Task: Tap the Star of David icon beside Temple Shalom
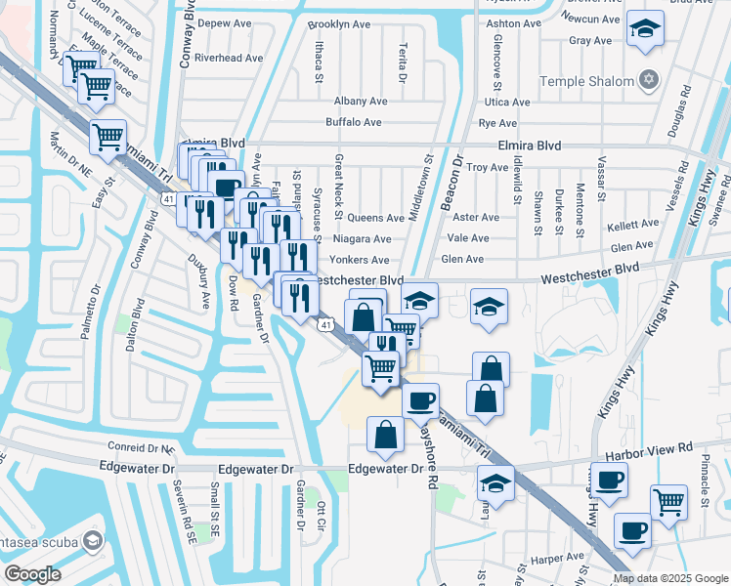646,79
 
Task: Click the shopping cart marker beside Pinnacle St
668,503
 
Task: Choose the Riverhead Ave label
230,58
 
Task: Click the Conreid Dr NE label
137,448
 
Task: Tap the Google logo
33,573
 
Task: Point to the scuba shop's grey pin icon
93,540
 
